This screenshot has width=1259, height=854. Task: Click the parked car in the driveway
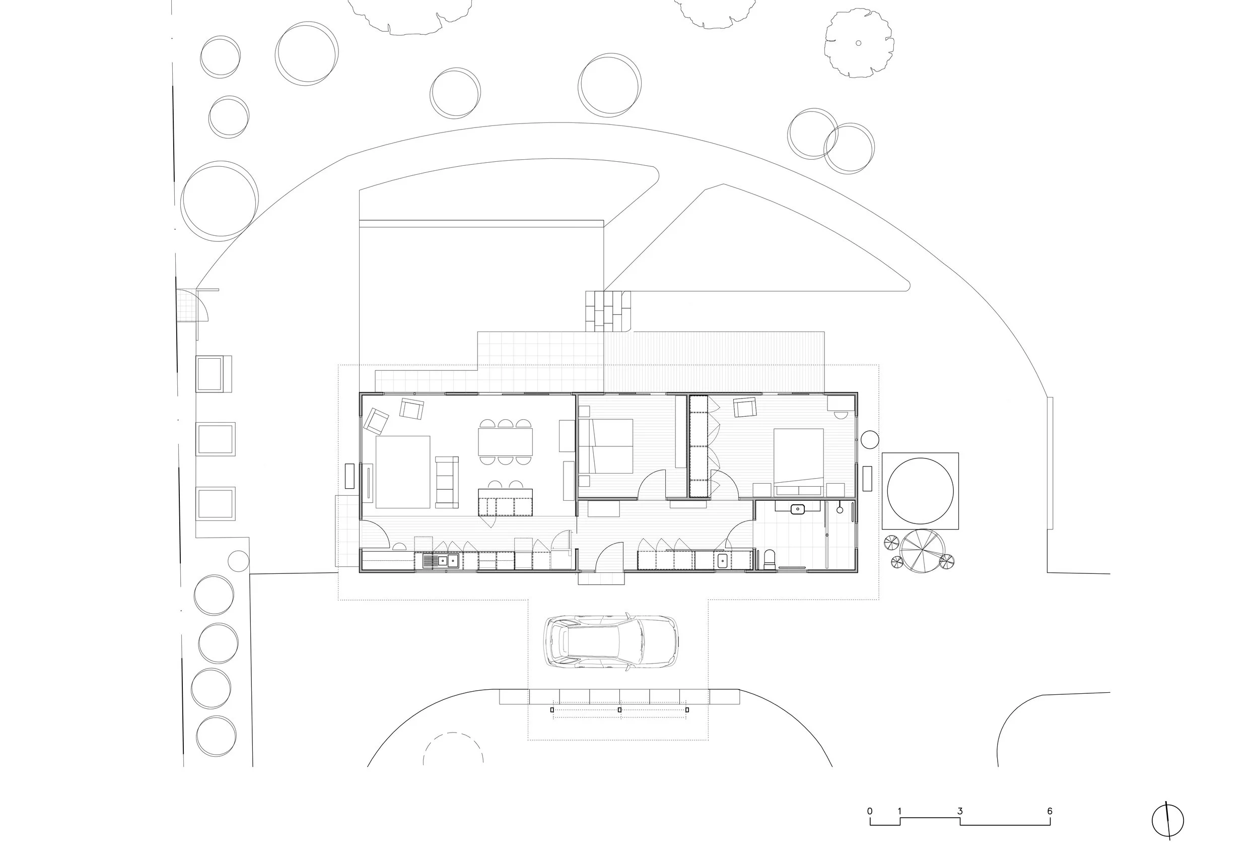click(610, 642)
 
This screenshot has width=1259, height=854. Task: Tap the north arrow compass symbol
click(1167, 820)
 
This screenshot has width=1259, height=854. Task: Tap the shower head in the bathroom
click(840, 509)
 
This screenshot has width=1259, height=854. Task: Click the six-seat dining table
click(505, 442)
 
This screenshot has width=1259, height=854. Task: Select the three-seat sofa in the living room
click(447, 482)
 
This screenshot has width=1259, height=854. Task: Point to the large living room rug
click(402, 472)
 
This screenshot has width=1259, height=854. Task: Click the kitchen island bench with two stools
click(505, 502)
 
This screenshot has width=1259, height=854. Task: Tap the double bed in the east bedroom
click(799, 461)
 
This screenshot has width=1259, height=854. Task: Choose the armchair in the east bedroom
click(745, 407)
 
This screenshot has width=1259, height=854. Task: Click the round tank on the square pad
click(920, 491)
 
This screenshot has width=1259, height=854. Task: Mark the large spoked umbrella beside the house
click(923, 551)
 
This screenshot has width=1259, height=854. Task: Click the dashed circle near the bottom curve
click(453, 751)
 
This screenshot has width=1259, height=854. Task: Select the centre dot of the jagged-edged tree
click(858, 43)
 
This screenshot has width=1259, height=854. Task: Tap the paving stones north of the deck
click(608, 310)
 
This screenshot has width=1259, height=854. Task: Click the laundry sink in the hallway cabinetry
click(722, 560)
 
